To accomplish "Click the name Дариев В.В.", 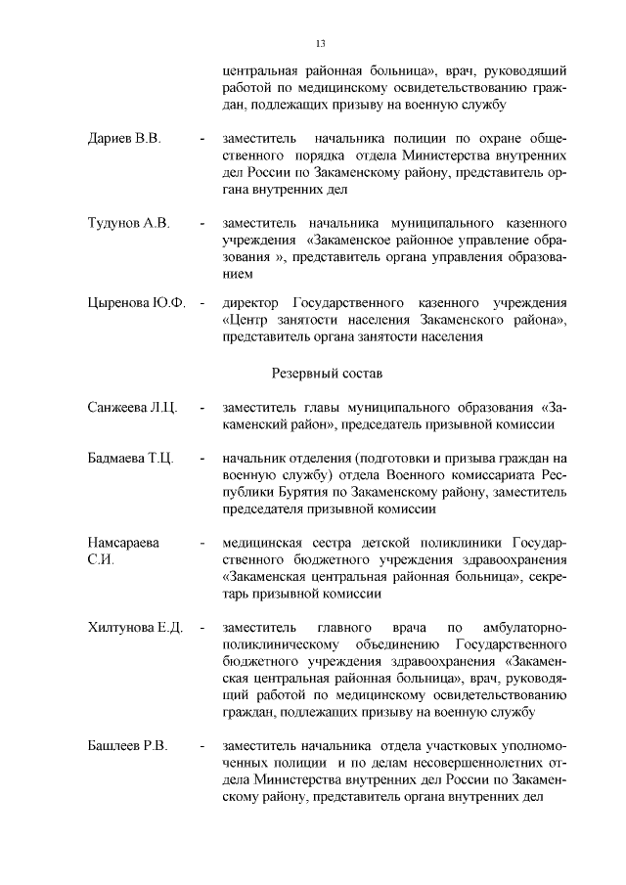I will (125, 139).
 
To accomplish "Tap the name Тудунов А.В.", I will (129, 224).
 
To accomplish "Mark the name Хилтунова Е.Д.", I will (136, 627).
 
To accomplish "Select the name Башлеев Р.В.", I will (128, 746).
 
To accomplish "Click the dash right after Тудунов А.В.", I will (201, 224).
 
